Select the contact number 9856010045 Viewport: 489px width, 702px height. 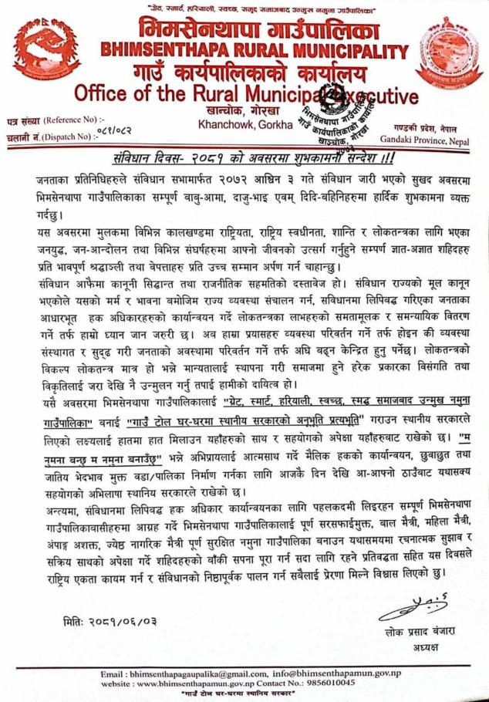click(x=331, y=683)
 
